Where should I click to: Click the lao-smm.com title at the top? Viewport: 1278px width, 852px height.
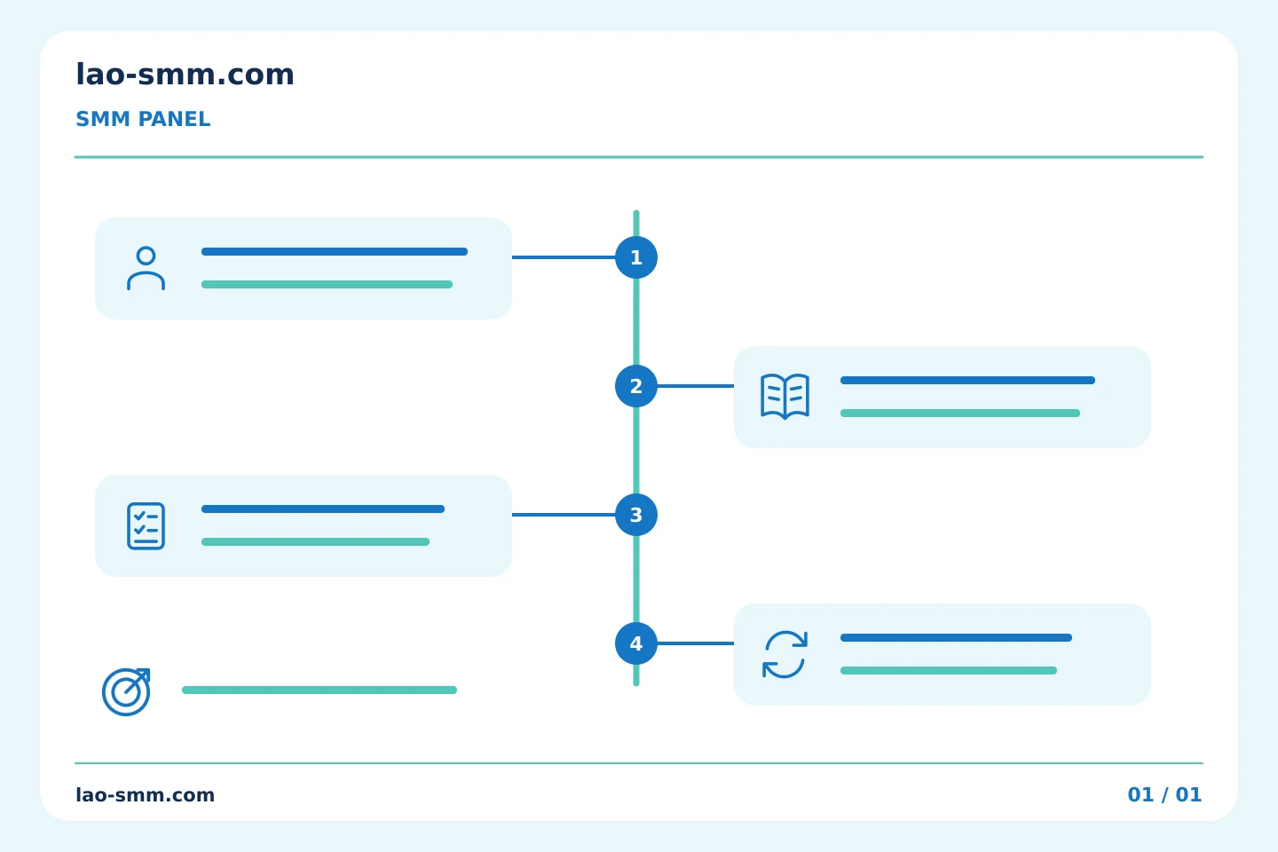click(185, 75)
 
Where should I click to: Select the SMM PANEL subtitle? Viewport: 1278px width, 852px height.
click(143, 119)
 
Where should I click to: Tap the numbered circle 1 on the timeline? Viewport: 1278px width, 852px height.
click(636, 257)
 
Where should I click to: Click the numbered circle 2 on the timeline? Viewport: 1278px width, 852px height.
click(636, 386)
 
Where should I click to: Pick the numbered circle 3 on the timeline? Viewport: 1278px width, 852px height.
click(636, 515)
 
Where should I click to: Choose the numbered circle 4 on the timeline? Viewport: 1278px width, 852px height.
click(636, 643)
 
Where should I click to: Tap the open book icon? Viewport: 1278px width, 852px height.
click(785, 397)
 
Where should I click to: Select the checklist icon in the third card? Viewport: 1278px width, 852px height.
click(146, 526)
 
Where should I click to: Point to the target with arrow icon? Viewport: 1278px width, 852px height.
click(126, 692)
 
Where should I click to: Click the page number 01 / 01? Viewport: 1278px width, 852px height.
click(1164, 795)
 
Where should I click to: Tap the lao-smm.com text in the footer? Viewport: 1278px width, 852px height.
click(145, 795)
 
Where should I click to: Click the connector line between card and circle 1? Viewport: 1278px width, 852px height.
click(564, 257)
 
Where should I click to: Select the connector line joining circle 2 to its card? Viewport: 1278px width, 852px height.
click(696, 386)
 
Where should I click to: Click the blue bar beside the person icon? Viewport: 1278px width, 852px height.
click(335, 252)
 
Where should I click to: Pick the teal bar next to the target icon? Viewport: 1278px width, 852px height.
click(319, 690)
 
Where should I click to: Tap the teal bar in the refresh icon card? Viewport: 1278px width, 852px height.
click(949, 671)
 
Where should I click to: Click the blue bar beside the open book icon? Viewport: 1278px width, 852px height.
click(967, 381)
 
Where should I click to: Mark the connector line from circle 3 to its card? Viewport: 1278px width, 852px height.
click(564, 515)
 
